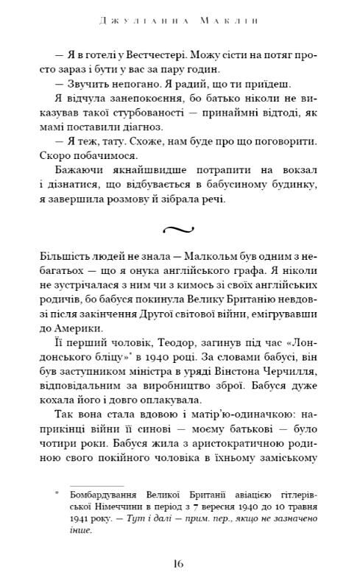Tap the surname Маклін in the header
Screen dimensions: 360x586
coord(229,11)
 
